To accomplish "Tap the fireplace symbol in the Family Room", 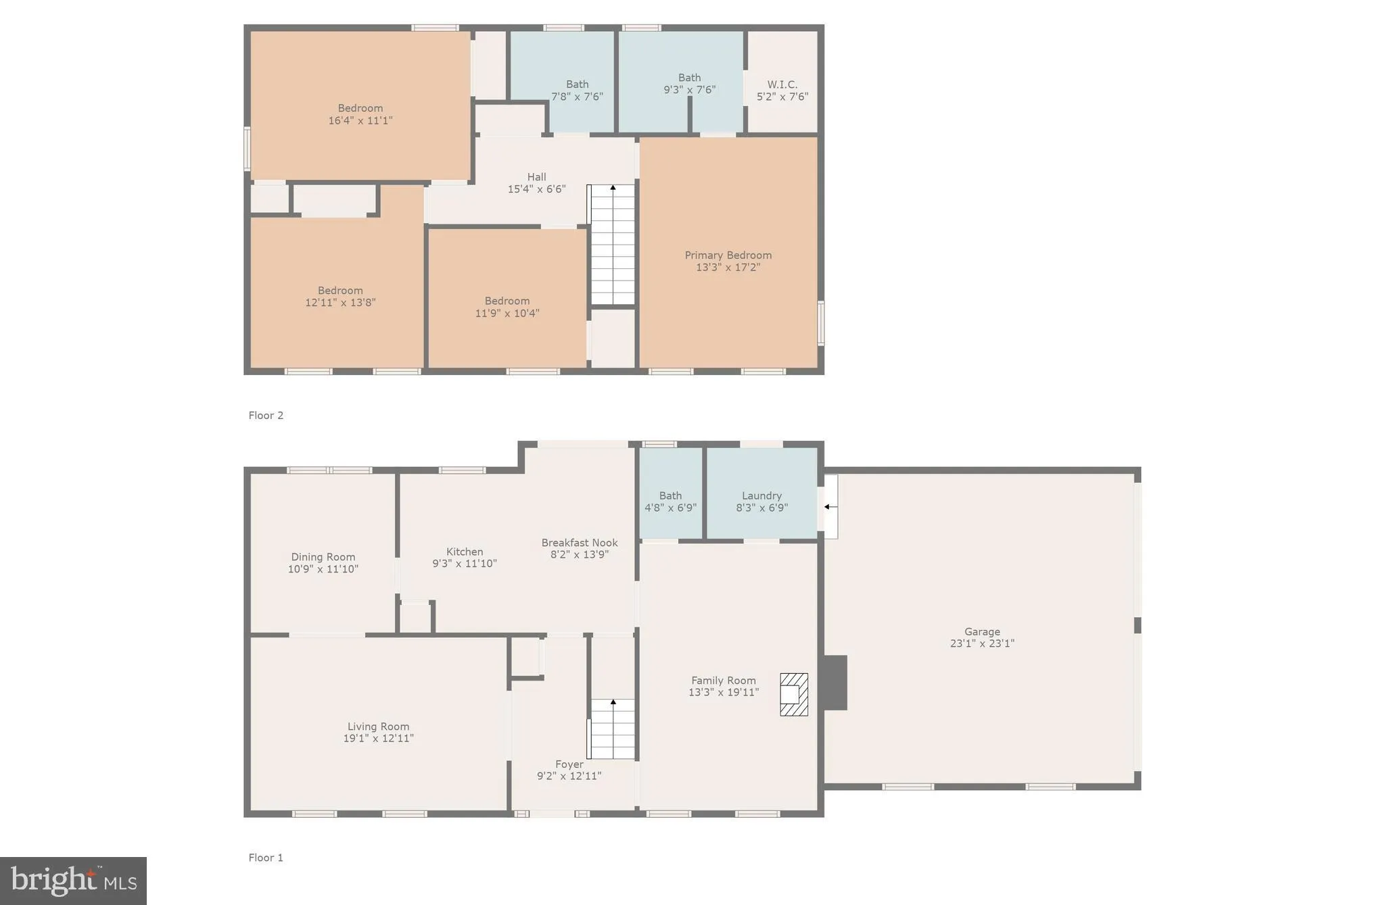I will [794, 694].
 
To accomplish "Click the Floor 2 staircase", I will [613, 245].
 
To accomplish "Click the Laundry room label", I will [761, 495].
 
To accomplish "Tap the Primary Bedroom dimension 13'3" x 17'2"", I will [728, 268].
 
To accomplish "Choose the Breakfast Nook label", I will [579, 543].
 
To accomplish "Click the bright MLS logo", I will [73, 881].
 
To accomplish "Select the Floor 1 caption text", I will [266, 858].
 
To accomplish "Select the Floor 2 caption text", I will [266, 415].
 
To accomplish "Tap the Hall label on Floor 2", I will [536, 177].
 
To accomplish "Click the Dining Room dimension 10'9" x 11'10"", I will [323, 569].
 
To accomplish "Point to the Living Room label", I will [378, 727].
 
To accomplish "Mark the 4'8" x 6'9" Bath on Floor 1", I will [670, 502].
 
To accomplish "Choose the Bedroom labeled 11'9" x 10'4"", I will [507, 307].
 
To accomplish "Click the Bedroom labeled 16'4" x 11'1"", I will [360, 114].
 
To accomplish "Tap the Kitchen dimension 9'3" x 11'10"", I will [465, 564].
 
